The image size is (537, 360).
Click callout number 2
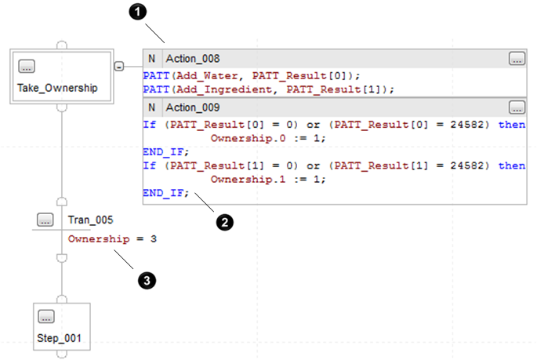click(x=225, y=223)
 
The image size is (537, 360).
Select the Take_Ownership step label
click(x=57, y=88)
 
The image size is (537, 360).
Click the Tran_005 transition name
click(x=87, y=220)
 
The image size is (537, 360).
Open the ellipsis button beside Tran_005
click(x=45, y=220)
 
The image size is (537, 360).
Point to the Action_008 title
click(x=193, y=59)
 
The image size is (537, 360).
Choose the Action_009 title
click(x=193, y=107)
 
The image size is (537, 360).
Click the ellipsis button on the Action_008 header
click(x=516, y=59)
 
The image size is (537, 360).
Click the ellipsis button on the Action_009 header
click(x=516, y=107)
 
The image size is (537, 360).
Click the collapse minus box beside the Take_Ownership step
click(x=118, y=67)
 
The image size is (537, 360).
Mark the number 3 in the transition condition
click(x=153, y=238)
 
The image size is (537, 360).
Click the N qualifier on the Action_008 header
click(x=152, y=59)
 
